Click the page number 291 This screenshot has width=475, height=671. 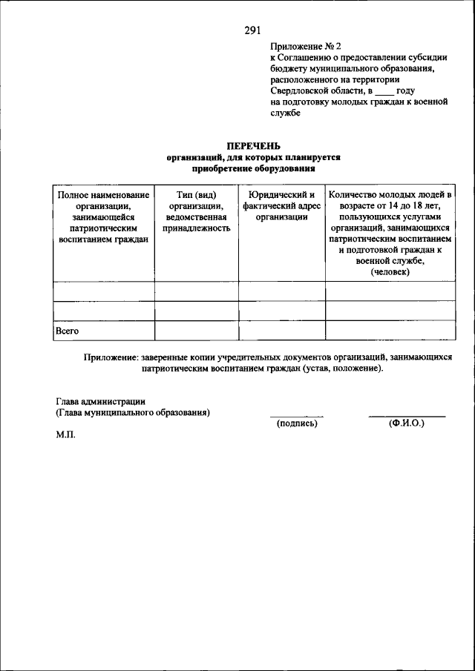click(x=253, y=30)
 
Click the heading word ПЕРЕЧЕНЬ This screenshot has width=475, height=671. click(x=253, y=146)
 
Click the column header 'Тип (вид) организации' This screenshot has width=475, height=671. click(x=196, y=211)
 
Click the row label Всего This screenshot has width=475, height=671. click(x=68, y=331)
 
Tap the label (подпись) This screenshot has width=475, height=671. click(x=297, y=423)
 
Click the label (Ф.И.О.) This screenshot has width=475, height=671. click(x=406, y=423)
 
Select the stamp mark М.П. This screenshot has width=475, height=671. click(x=65, y=437)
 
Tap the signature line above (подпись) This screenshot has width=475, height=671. click(x=297, y=417)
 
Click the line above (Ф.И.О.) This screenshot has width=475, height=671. click(x=407, y=417)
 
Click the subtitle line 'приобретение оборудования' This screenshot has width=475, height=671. click(x=253, y=168)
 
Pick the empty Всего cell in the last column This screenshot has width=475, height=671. click(x=390, y=331)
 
